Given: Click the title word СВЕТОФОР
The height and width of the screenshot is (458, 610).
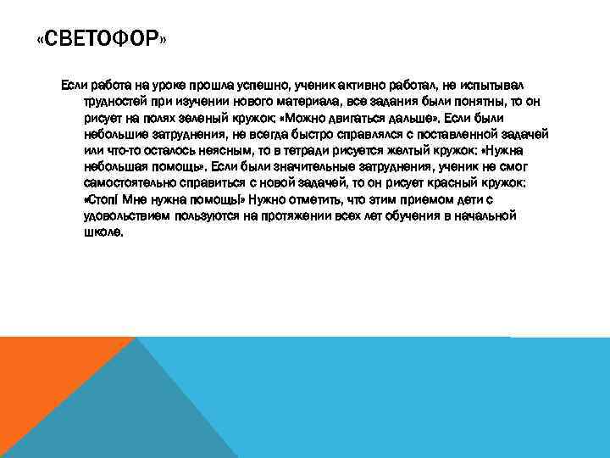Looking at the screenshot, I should click(x=102, y=40).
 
